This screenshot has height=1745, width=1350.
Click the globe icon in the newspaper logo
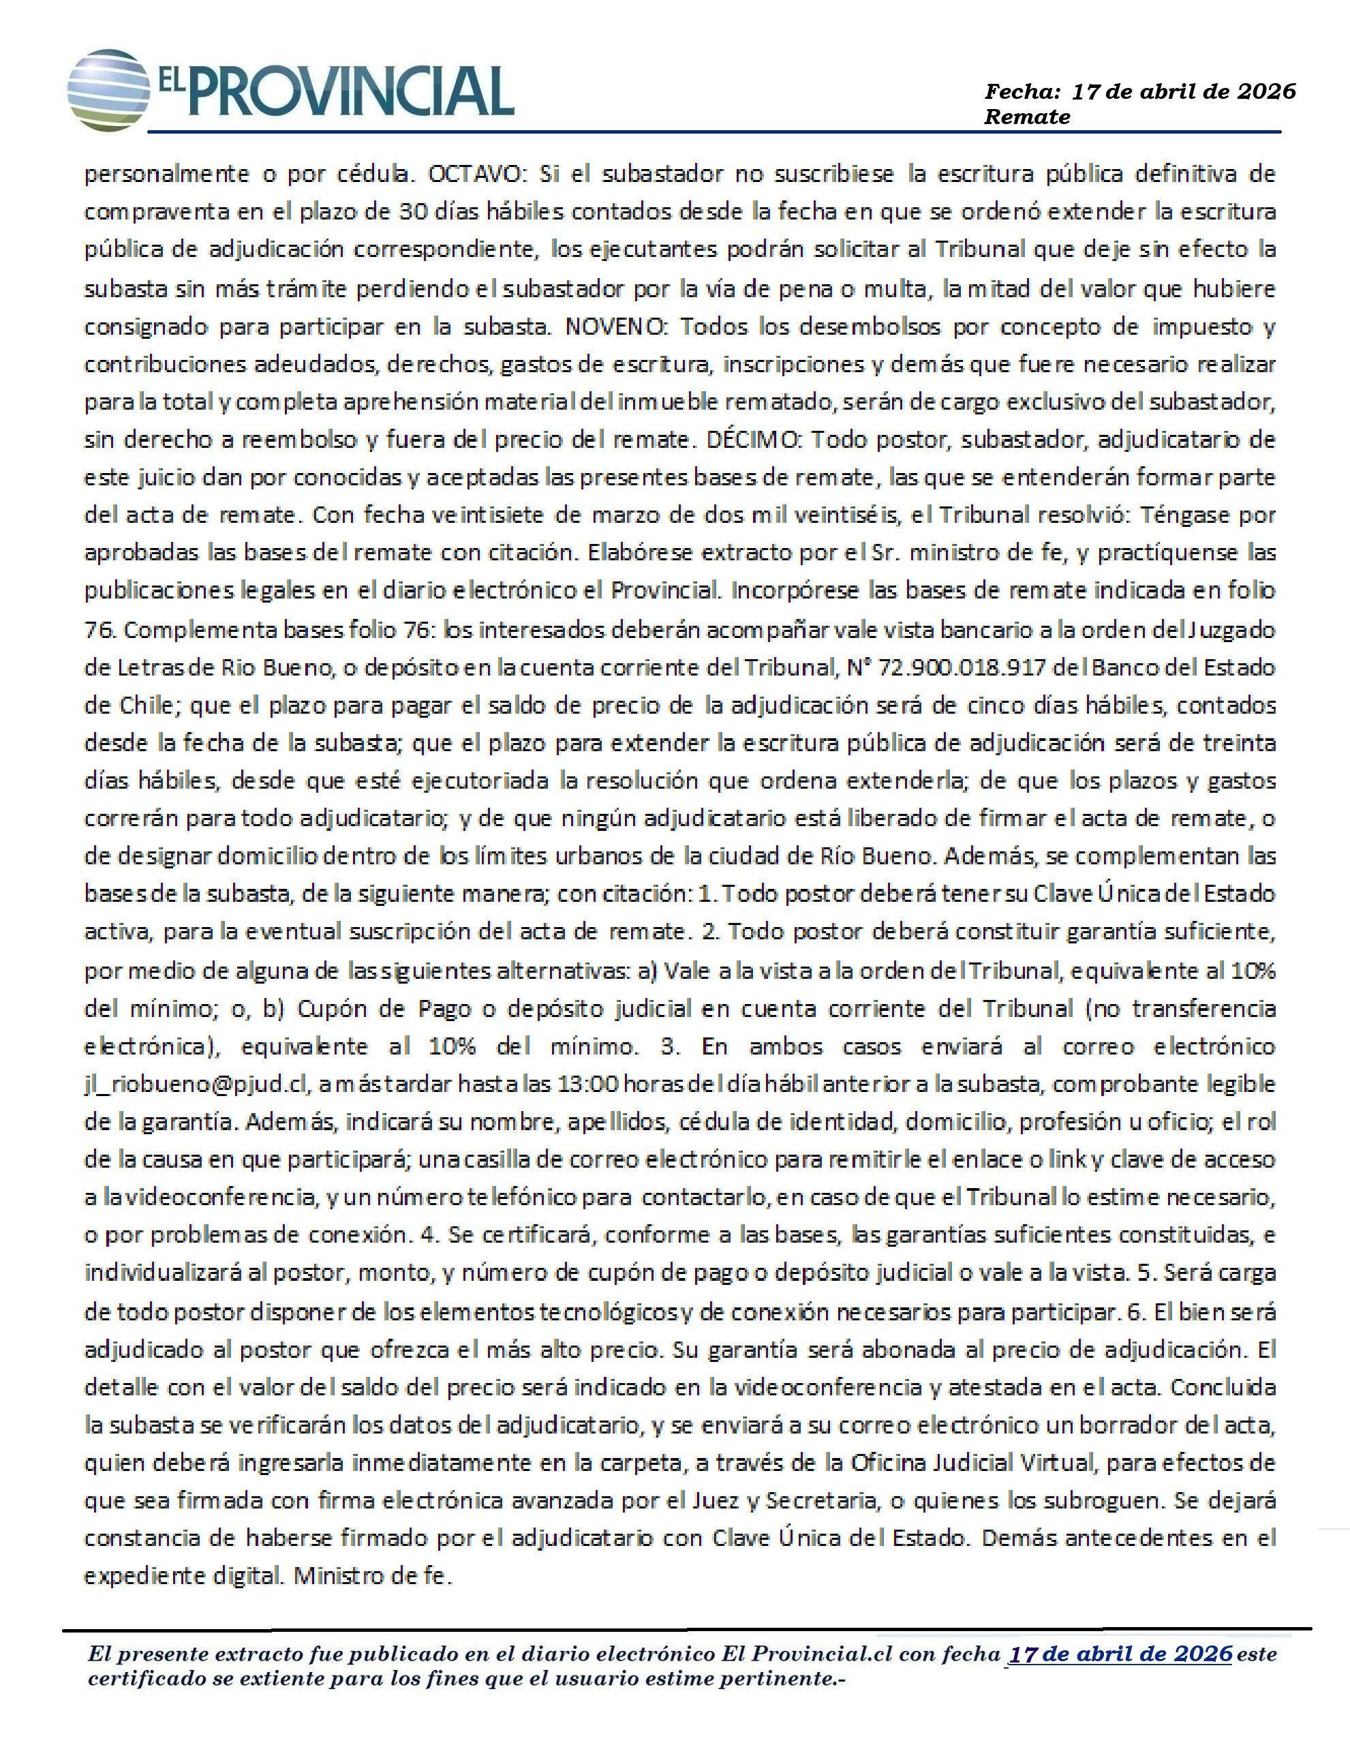[108, 89]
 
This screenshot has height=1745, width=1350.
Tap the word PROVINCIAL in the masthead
[350, 92]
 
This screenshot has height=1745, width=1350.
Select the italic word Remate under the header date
[1026, 117]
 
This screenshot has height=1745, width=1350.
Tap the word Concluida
[1223, 1388]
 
